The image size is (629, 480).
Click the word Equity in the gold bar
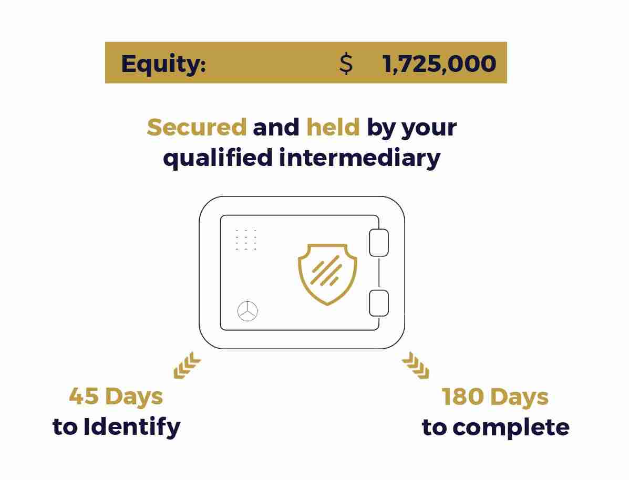[163, 64]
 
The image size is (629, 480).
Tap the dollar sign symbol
[346, 64]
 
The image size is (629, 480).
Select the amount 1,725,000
[439, 64]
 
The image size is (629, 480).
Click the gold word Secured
[197, 127]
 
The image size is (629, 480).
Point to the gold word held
[333, 127]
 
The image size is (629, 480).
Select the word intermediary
[360, 158]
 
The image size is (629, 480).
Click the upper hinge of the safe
[379, 242]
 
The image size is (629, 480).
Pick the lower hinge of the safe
[379, 303]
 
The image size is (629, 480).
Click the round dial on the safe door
[248, 311]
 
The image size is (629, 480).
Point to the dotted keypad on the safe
[246, 239]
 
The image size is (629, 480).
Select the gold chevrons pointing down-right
[416, 366]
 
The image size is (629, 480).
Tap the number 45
[85, 396]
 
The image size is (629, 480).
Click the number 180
[462, 397]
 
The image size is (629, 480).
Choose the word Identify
[132, 426]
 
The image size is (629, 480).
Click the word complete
[511, 427]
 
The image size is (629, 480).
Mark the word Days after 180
[519, 397]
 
